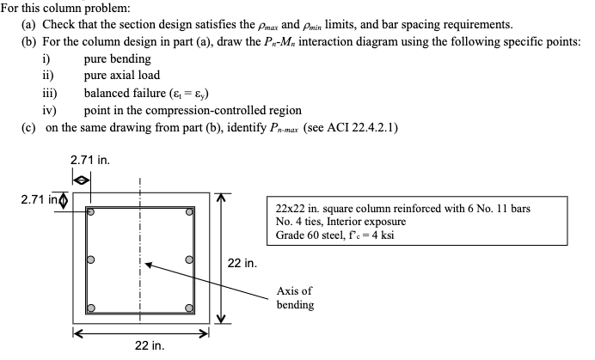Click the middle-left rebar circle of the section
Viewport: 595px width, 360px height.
coord(89,259)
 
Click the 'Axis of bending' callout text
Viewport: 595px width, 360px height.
coord(295,298)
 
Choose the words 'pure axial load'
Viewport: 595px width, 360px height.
coord(122,76)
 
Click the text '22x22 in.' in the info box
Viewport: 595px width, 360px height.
coord(302,209)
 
